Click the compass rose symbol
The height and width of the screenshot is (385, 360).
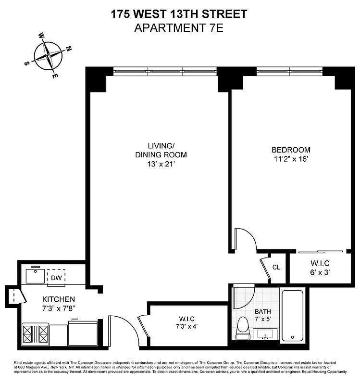click(49, 55)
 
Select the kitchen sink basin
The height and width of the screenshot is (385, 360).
click(34, 276)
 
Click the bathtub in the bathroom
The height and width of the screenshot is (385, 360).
click(292, 315)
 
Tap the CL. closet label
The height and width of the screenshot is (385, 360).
click(277, 268)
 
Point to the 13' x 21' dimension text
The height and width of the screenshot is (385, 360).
click(160, 164)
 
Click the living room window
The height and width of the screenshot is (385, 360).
click(165, 71)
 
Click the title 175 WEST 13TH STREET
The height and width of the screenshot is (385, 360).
click(179, 14)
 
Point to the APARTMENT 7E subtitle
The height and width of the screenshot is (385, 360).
click(179, 27)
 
